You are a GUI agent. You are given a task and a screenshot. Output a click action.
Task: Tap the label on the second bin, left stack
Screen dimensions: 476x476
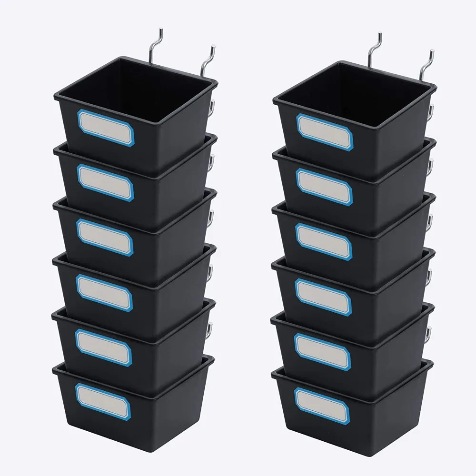click(106, 183)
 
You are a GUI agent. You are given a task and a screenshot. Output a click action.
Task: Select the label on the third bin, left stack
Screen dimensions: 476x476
click(105, 238)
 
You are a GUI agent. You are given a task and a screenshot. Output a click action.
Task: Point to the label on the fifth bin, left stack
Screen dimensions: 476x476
click(104, 347)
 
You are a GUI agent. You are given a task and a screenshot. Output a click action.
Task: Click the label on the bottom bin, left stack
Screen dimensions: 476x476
click(103, 401)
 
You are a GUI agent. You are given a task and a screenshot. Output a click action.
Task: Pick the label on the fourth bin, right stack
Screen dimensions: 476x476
click(323, 297)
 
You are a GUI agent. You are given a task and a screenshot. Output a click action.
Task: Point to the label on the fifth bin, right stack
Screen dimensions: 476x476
click(322, 351)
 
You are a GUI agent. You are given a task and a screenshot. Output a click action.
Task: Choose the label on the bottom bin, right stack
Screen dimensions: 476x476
click(322, 406)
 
